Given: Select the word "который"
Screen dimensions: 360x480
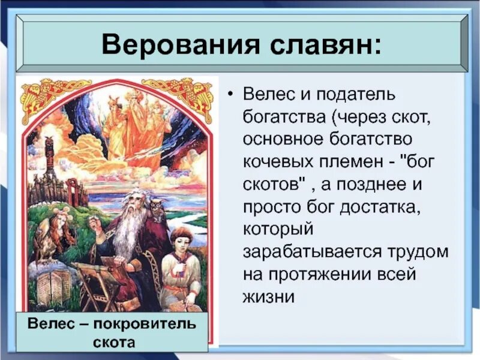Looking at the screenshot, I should [277, 230].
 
